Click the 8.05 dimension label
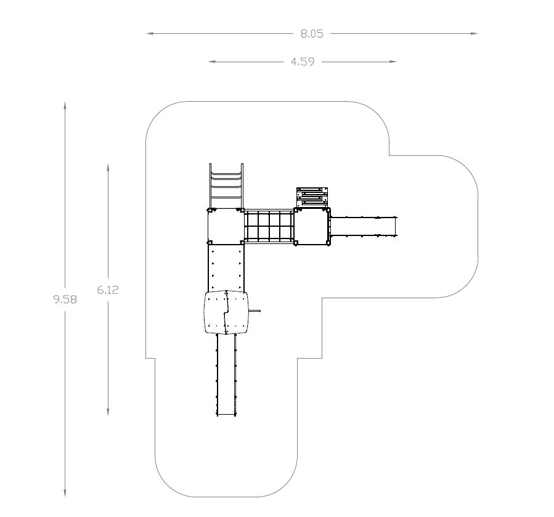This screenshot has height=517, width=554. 312,33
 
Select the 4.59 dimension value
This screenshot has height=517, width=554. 303,62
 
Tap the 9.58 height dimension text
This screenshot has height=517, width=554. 65,299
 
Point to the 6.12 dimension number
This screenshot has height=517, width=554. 108,290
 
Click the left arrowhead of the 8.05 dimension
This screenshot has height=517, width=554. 150,33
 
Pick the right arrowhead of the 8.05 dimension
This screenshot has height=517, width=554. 474,33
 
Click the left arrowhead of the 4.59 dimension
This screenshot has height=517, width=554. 212,62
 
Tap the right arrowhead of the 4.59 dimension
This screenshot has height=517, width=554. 393,62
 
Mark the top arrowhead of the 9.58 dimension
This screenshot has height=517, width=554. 65,105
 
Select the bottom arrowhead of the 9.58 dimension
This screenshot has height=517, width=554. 65,493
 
